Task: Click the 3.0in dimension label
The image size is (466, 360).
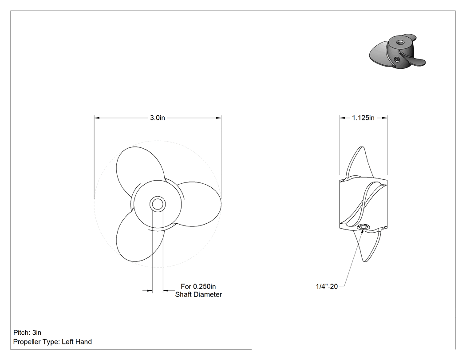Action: pos(157,118)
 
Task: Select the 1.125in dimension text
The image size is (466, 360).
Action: pos(363,118)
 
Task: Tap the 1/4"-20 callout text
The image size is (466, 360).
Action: pos(327,286)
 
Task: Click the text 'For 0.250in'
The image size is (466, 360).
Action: pos(198,286)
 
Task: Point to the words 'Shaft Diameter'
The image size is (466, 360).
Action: pos(198,294)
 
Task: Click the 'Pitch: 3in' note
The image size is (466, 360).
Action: pos(28,332)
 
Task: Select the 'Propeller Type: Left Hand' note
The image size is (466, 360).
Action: pos(53,341)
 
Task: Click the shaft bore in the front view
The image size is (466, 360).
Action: pos(158,204)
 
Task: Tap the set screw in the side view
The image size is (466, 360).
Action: pos(363,227)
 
